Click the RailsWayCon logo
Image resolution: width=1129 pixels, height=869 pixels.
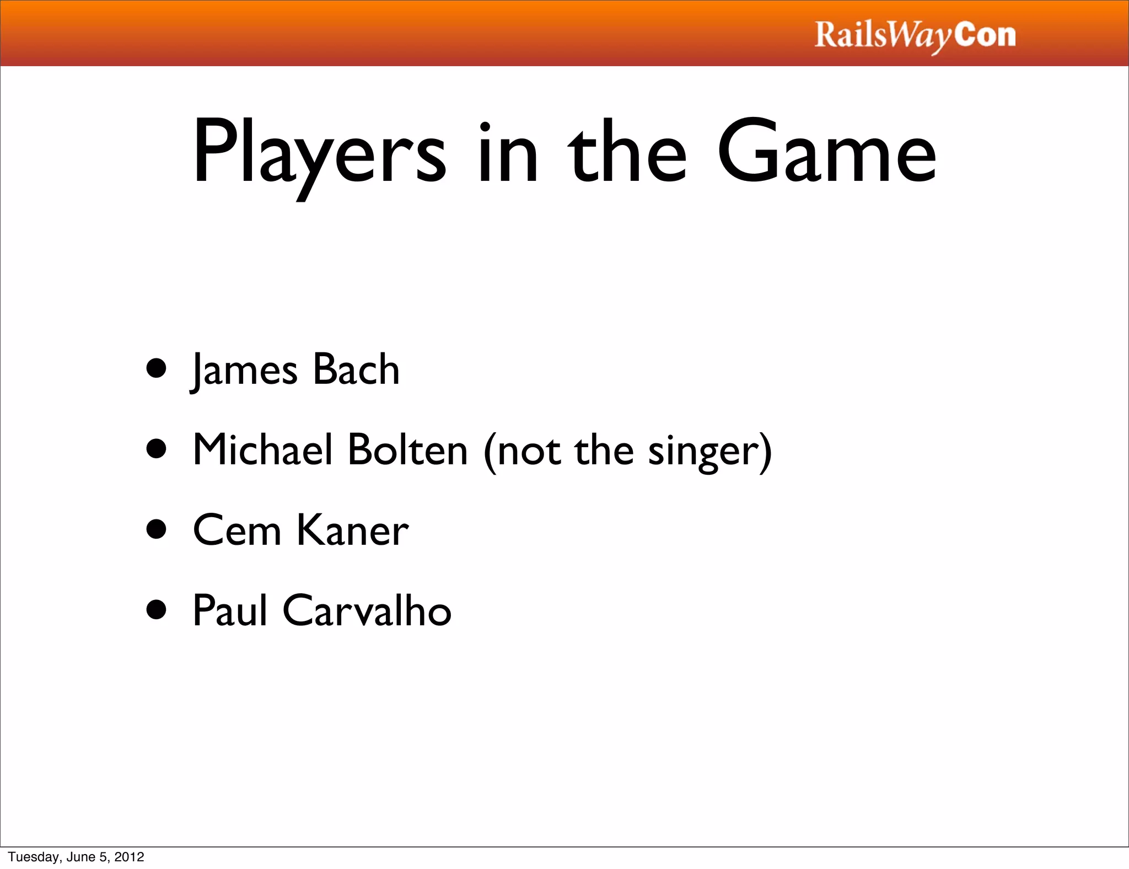[x=915, y=35]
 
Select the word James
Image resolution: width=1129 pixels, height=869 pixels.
[x=244, y=369]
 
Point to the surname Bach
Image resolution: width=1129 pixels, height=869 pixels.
[x=356, y=369]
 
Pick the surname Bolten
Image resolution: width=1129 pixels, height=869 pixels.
[x=408, y=450]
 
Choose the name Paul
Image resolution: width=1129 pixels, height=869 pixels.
[x=230, y=611]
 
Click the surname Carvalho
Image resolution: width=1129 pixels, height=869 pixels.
[x=367, y=611]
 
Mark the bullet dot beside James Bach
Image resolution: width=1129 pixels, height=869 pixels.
[x=157, y=368]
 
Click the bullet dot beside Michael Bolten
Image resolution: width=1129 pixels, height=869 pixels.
[x=157, y=449]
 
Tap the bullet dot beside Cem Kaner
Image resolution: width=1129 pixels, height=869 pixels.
[x=157, y=529]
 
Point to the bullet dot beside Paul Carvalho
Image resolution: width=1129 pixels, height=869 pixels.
[x=157, y=610]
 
